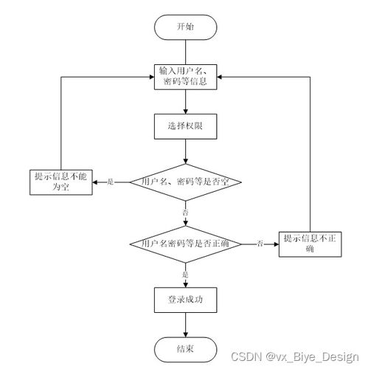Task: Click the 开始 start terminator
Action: (185, 27)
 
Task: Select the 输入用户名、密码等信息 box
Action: (185, 77)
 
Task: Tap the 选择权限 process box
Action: (185, 126)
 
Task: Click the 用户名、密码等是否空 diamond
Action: (185, 181)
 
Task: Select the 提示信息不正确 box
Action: (309, 243)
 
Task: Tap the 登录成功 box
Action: (185, 300)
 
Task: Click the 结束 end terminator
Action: (185, 348)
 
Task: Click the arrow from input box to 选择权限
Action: (185, 102)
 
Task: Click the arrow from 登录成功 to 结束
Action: (185, 324)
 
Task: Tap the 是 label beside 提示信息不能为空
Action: (111, 182)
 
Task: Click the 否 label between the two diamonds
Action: (185, 213)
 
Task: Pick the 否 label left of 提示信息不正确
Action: (260, 244)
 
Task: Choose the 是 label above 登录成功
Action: (185, 275)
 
